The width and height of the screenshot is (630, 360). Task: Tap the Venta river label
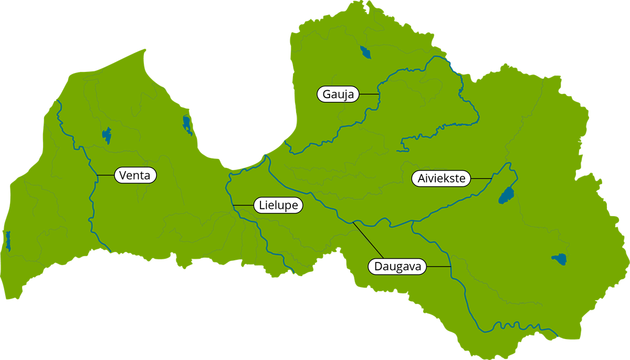point(135,175)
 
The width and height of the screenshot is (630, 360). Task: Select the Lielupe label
point(278,205)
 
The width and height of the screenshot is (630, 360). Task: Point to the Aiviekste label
point(442,178)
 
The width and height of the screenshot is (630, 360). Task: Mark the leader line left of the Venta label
point(106,174)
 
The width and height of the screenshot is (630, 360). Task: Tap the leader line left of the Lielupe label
point(244,204)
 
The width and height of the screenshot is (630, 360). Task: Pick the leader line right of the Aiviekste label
point(480,179)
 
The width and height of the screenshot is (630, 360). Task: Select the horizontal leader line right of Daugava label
point(439,267)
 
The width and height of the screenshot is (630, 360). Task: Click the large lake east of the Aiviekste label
point(506,196)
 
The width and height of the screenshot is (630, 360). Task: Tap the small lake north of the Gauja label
point(365,52)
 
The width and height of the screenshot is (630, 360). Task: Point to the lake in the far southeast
point(560,259)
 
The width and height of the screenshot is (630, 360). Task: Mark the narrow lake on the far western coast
point(8,241)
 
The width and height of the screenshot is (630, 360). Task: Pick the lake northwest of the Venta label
point(107,135)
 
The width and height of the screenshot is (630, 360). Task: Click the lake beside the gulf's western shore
point(187,124)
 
